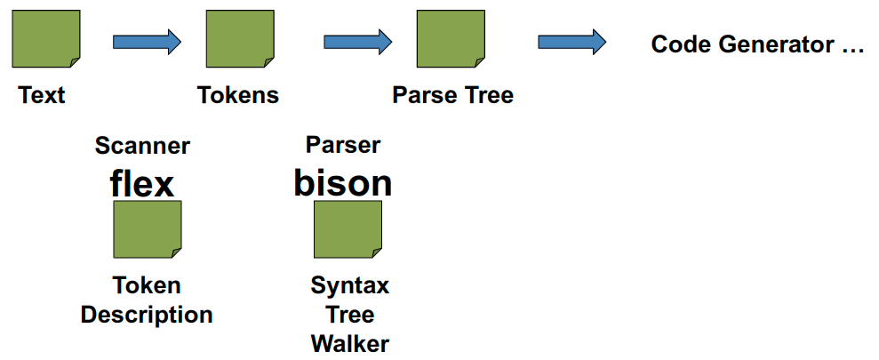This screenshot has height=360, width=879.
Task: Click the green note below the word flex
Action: tap(148, 229)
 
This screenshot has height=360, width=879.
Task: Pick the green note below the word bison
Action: tap(348, 229)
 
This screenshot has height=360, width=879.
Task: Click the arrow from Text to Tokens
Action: tap(147, 41)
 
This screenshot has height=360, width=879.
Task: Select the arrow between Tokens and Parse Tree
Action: tap(358, 41)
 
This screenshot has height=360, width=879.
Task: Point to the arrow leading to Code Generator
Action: tap(572, 41)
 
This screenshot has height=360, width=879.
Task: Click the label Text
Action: tap(42, 95)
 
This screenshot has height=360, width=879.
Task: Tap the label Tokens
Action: tap(238, 95)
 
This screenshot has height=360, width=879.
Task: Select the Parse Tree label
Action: tap(452, 95)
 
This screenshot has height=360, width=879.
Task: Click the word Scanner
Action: tap(142, 146)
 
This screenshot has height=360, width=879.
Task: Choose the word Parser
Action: tap(343, 145)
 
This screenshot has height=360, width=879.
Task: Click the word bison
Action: tap(343, 182)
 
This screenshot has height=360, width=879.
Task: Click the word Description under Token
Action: tap(147, 315)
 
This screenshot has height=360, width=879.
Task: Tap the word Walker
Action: tap(350, 343)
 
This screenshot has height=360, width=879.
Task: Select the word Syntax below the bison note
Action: tap(350, 286)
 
